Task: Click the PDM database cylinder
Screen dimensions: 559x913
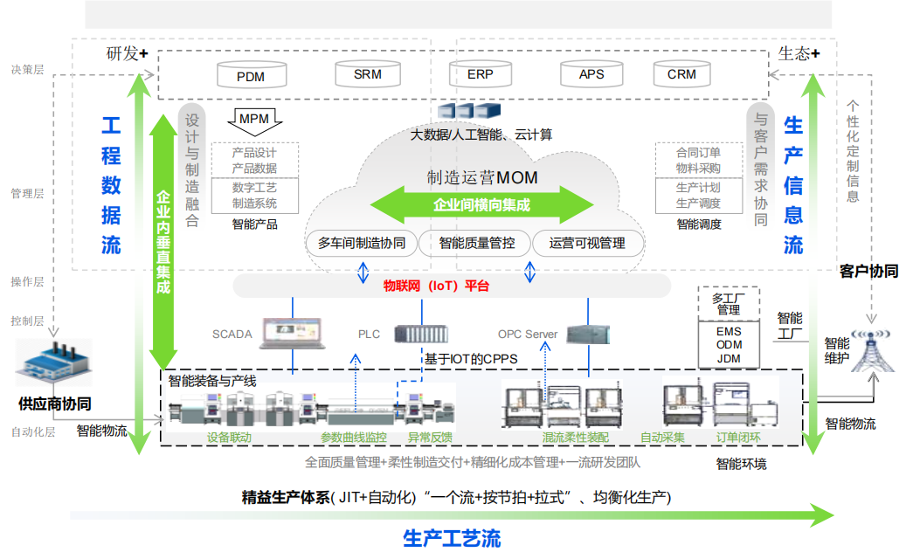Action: point(251,75)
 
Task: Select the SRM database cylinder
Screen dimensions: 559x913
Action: point(368,73)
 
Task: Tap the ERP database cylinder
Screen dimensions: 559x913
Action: point(480,73)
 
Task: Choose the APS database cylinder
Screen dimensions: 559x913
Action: point(591,73)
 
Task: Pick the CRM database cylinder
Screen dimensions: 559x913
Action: point(681,73)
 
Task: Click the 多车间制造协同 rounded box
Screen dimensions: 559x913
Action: point(362,243)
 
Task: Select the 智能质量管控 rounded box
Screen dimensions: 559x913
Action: point(476,243)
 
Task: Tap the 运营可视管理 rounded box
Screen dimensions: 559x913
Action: point(589,243)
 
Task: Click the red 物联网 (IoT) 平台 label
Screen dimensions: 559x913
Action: point(437,286)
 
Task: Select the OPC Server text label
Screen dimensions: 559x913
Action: point(528,335)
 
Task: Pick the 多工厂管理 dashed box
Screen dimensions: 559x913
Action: point(729,304)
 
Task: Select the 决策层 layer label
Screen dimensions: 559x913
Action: point(27,70)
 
